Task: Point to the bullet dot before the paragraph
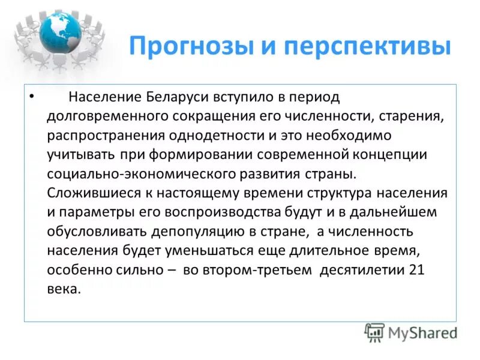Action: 32,97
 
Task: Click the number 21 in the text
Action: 416,269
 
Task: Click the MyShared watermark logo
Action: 411,332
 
